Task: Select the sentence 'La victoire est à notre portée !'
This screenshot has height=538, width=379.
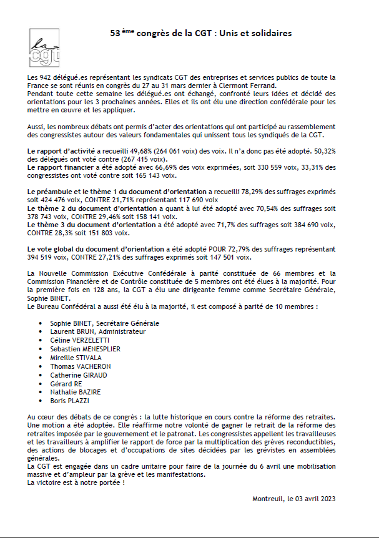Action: pos(76,482)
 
